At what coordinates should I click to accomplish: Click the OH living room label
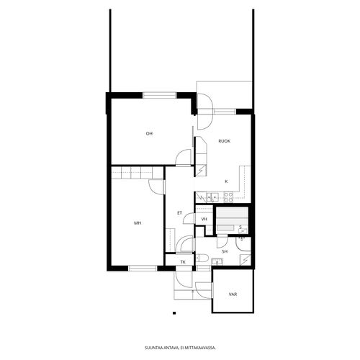pos(149,134)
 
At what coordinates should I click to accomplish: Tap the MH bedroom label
pos(138,223)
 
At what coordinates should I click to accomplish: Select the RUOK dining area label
pos(225,141)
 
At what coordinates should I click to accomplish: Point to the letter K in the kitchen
pos(226,181)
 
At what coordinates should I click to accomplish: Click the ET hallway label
pos(179,213)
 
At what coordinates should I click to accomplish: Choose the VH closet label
pos(204,219)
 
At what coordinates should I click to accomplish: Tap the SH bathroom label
pos(225,252)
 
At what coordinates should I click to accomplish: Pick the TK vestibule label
pos(183,262)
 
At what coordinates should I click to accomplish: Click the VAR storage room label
pos(233,294)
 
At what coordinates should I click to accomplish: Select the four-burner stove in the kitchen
pos(228,197)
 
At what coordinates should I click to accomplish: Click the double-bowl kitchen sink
pos(212,197)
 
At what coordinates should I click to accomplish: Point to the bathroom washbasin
pos(217,261)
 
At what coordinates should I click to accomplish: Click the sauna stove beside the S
pos(243,230)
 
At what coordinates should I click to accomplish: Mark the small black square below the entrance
pos(174,313)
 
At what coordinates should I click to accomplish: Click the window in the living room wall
pos(160,95)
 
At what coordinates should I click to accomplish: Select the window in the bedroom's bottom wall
pos(143,268)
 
